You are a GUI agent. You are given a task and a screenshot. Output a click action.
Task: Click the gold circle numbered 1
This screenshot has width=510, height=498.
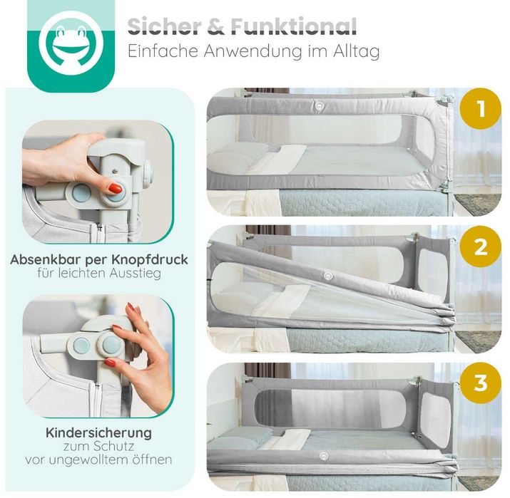(481, 108)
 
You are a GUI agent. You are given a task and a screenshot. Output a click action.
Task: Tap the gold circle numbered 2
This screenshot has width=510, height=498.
(481, 247)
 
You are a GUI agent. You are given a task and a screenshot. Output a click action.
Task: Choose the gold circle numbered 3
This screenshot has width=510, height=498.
(481, 383)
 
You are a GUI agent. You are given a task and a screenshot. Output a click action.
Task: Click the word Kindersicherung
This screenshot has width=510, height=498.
(99, 433)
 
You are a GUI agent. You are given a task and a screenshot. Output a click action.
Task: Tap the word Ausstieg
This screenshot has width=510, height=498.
(135, 274)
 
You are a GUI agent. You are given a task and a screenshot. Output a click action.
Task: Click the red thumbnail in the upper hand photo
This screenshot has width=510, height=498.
(115, 188)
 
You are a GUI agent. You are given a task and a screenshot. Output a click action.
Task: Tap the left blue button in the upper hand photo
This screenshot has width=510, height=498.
(81, 193)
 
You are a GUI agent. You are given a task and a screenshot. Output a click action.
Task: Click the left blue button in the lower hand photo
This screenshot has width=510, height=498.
(81, 346)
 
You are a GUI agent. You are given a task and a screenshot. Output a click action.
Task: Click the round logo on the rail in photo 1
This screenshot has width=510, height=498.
(319, 104)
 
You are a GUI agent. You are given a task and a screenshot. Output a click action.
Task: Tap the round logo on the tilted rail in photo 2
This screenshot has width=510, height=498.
(328, 276)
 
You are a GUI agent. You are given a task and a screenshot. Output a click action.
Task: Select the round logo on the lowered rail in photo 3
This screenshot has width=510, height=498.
(324, 456)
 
